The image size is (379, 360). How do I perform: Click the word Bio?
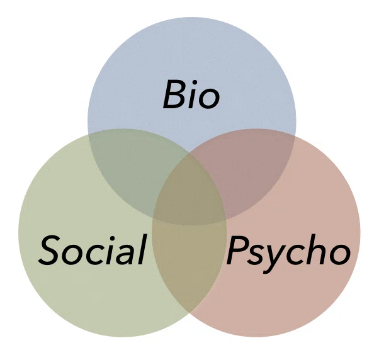coord(191,94)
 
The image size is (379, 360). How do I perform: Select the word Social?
coord(93,250)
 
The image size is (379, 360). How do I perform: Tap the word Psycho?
coord(288,253)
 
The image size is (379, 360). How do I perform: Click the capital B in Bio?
coord(175,94)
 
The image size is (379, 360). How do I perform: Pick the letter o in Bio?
coord(210,99)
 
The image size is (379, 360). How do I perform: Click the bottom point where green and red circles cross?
coord(189,313)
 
